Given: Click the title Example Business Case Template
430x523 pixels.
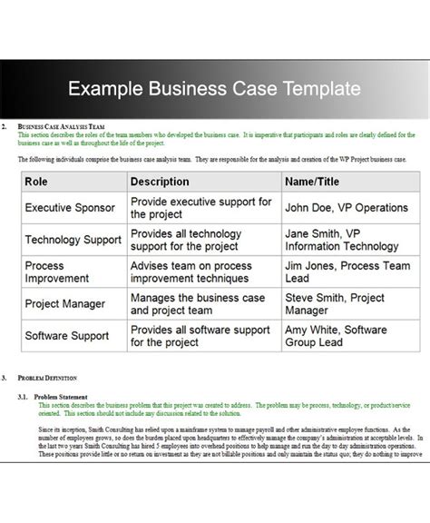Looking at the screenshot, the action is [x=215, y=89].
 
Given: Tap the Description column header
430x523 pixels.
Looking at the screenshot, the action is [x=160, y=182].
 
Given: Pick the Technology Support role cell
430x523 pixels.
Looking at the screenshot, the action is [x=73, y=240].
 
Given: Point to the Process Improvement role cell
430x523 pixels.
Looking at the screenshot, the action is [x=56, y=271].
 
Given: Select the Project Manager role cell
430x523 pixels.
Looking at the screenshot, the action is [x=64, y=304].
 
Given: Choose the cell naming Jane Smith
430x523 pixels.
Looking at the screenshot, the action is [x=341, y=240].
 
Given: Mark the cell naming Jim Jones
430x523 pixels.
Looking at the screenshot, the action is [x=347, y=271].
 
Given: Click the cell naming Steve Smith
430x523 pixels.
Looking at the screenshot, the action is [x=334, y=304].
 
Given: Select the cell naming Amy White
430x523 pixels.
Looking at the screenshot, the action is [x=336, y=336].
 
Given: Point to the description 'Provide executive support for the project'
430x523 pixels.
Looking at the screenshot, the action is [x=200, y=208].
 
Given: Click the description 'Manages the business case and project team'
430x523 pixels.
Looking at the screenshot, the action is [x=197, y=304].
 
